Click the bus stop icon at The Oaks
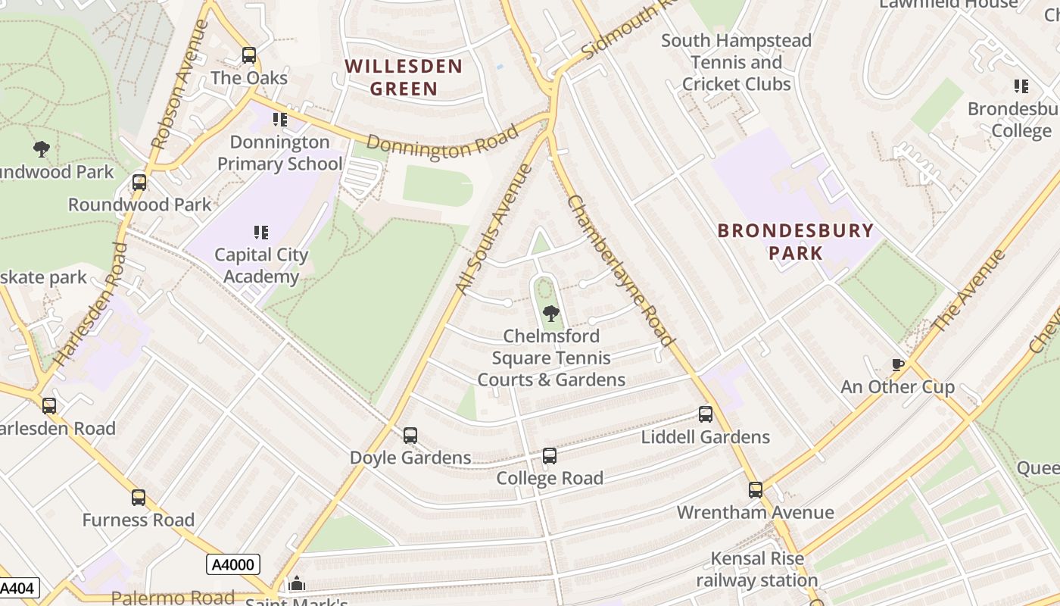click(x=248, y=55)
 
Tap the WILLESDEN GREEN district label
click(x=404, y=77)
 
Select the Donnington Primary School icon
click(x=280, y=120)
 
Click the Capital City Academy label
click(x=261, y=265)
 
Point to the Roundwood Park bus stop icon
click(x=139, y=183)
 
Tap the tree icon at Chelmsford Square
click(x=551, y=313)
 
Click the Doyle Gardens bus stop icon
click(x=410, y=436)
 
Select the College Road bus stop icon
click(x=550, y=456)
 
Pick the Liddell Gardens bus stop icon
click(x=706, y=414)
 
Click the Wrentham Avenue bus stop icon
click(x=756, y=490)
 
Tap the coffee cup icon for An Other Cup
click(x=898, y=365)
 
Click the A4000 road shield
click(x=233, y=564)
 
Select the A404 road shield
click(x=17, y=588)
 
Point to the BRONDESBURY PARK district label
click(x=795, y=241)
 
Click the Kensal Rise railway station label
click(x=757, y=570)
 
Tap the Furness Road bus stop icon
click(x=139, y=498)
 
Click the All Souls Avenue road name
click(x=494, y=230)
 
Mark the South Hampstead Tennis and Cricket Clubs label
click(x=736, y=62)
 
